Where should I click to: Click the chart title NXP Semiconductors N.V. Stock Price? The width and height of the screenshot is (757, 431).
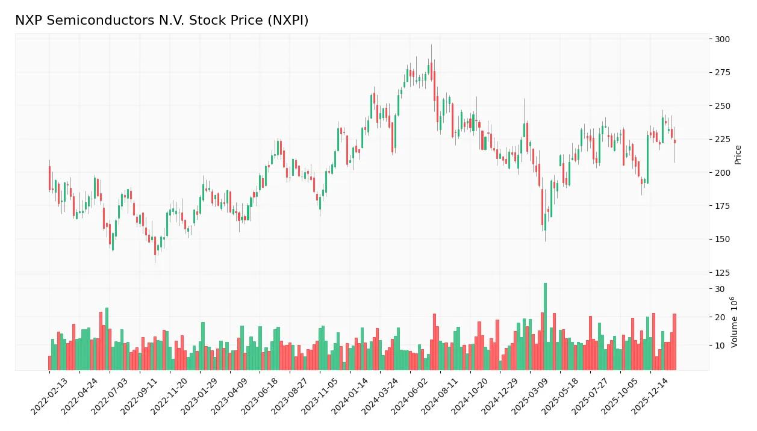point(161,20)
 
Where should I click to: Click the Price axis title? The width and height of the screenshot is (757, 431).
point(738,155)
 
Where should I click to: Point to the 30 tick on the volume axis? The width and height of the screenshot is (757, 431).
point(720,289)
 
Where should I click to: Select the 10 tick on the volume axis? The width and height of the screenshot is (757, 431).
point(720,346)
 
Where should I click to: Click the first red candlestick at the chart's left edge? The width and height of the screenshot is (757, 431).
point(49,178)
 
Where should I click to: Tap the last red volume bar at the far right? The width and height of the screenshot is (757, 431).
point(674,342)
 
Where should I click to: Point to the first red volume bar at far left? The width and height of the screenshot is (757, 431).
point(49,363)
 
